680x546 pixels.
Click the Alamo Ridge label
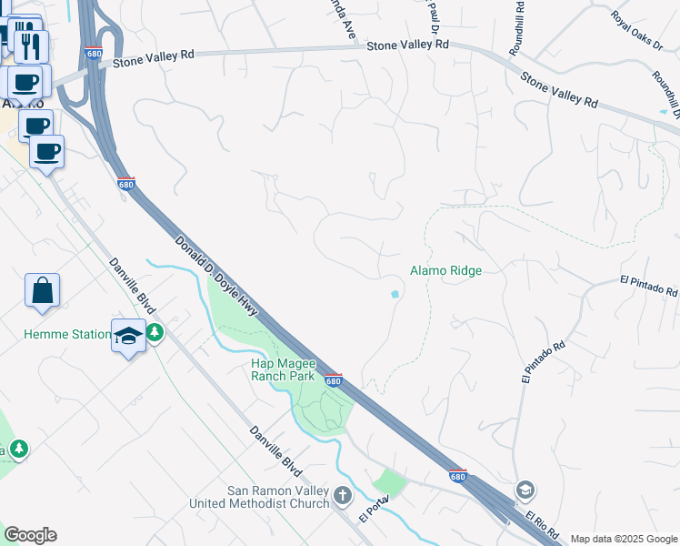click(445, 270)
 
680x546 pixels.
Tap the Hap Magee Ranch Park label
click(282, 369)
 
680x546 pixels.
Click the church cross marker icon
click(342, 496)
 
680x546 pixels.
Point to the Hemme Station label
click(66, 334)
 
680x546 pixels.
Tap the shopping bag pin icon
click(42, 291)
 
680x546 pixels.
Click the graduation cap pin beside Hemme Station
click(128, 336)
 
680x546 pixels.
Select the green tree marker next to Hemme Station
click(155, 334)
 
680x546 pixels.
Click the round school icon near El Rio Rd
click(525, 491)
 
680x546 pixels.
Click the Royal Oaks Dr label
click(636, 32)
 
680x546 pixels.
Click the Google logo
click(30, 534)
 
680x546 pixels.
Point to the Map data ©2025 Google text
click(623, 539)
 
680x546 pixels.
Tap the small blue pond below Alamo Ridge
click(395, 294)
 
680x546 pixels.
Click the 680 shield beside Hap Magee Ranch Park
click(333, 380)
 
